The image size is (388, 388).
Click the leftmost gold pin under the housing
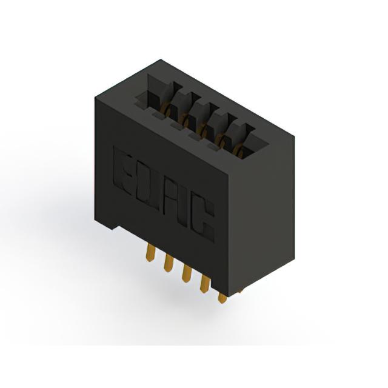pyautogui.click(x=151, y=252)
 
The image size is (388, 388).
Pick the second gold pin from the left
pyautogui.click(x=168, y=263)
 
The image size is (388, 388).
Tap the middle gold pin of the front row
pyautogui.click(x=186, y=273)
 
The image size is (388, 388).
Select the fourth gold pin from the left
pyautogui.click(x=204, y=284)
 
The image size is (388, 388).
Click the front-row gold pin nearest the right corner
pyautogui.click(x=222, y=298)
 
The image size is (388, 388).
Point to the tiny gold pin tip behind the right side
pyautogui.click(x=239, y=292)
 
